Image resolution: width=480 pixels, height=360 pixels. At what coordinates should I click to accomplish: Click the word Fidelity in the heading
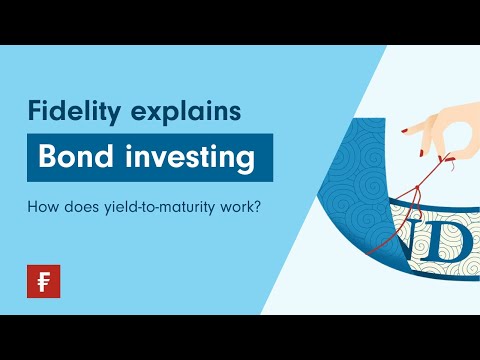pos(70,111)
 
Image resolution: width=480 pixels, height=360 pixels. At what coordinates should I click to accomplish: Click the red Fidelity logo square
pos(43,281)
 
